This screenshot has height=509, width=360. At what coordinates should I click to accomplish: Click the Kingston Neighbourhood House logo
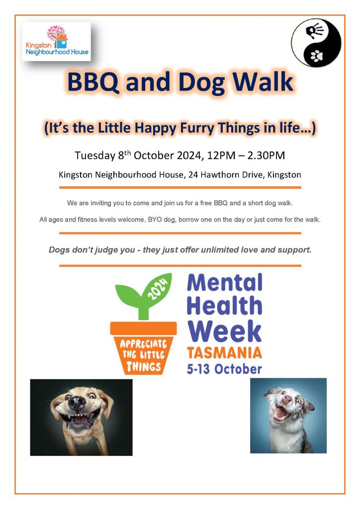pos(56,41)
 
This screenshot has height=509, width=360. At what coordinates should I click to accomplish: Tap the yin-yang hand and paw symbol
pos(316,43)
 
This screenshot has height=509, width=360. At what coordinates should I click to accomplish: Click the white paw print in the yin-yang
pos(317,56)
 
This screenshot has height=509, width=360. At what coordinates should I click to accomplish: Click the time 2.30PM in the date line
pos(266,156)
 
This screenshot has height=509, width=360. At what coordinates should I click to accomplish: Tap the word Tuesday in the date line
pos(95,156)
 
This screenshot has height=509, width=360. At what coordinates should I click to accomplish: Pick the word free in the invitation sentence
pos(206,203)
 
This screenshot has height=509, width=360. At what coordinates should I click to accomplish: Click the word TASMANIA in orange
pos(225,353)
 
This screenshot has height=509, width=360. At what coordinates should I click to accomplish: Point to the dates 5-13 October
pos(224,369)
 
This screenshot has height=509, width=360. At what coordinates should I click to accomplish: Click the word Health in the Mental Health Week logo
pos(224,306)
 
